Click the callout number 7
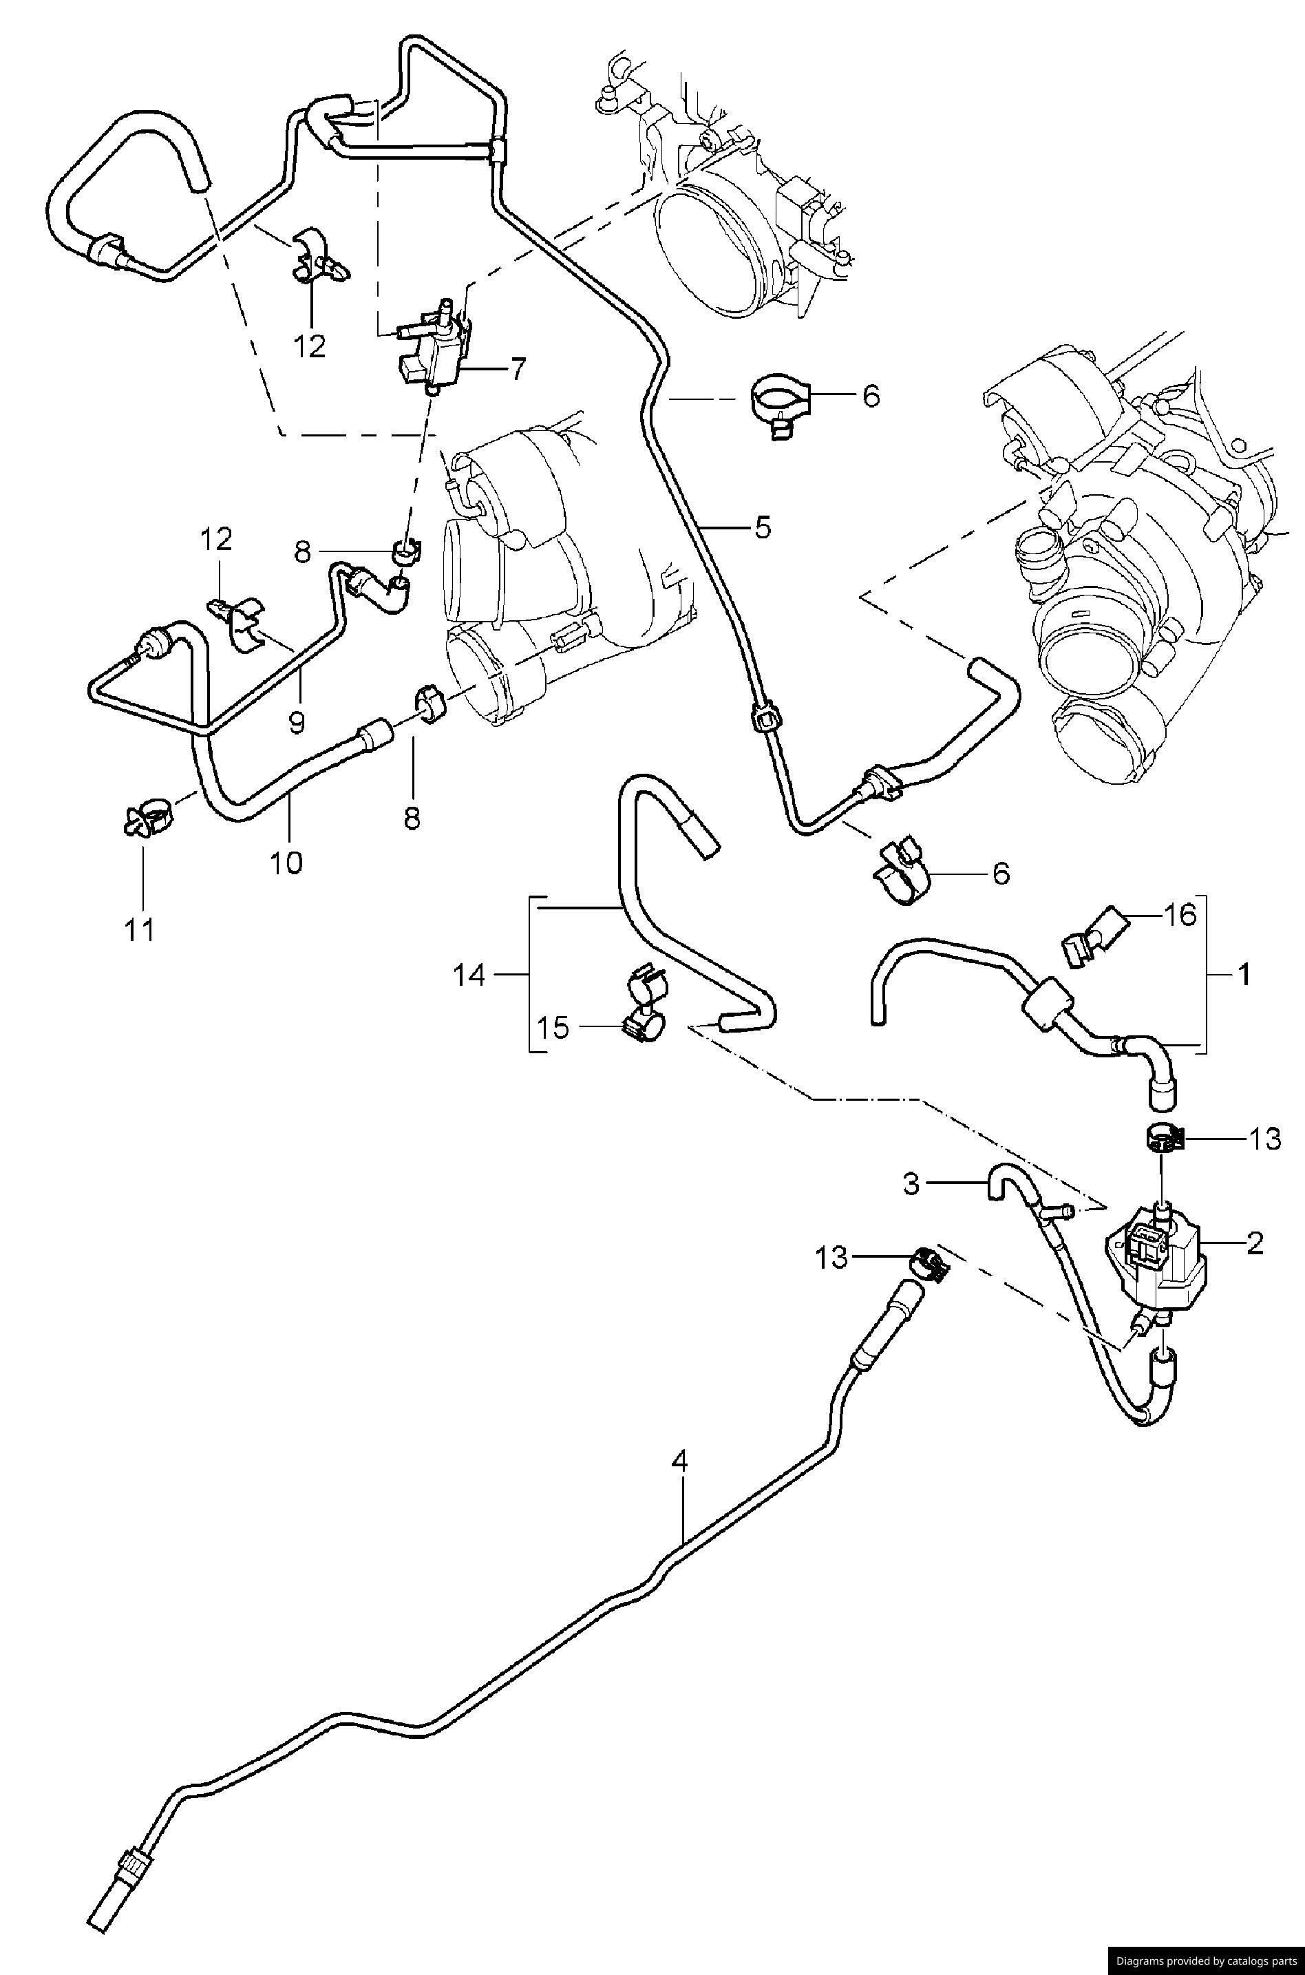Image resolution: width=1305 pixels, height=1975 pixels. click(518, 368)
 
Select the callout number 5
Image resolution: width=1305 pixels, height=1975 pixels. click(763, 528)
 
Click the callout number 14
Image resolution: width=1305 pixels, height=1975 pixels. click(469, 975)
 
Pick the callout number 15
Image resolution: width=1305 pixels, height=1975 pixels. click(553, 1028)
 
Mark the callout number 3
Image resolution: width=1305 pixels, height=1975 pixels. click(911, 1183)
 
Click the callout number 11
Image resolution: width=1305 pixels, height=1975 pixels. click(140, 929)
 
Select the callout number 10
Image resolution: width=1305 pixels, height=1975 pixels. click(286, 863)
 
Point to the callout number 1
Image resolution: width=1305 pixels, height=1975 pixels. click(1244, 975)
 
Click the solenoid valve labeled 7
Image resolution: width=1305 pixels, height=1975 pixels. click(434, 350)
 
